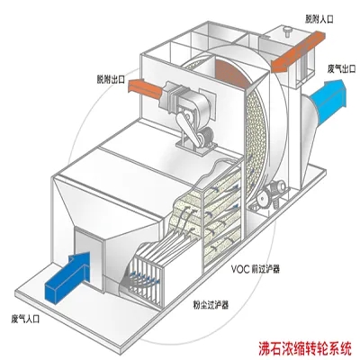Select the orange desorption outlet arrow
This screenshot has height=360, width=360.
click(x=146, y=87)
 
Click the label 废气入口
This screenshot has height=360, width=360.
click(x=26, y=319)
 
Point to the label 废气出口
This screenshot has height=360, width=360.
click(x=341, y=69)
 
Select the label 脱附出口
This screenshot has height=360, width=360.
click(x=110, y=80)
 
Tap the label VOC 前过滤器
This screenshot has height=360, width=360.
click(x=256, y=269)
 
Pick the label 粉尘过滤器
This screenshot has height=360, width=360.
click(x=211, y=305)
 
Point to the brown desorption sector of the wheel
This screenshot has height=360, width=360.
click(x=231, y=74)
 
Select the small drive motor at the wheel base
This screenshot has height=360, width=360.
click(x=277, y=187)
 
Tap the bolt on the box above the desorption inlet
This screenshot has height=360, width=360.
click(x=288, y=31)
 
